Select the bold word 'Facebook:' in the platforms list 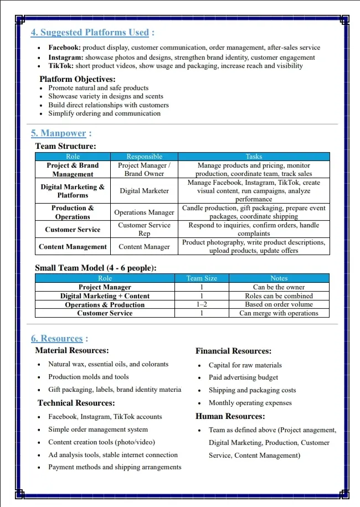(64, 48)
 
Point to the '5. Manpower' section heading (59, 133)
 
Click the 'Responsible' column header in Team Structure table (144, 157)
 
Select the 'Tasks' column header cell (254, 157)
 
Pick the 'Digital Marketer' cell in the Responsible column (144, 191)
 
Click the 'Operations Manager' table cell (144, 213)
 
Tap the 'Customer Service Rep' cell (144, 229)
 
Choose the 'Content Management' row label (73, 247)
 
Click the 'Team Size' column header (202, 278)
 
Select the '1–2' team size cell (202, 304)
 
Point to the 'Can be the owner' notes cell (279, 287)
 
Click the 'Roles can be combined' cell (279, 296)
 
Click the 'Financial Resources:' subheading (233, 351)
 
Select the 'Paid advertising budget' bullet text (243, 377)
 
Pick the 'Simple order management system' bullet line (98, 430)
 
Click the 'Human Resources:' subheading (230, 416)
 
